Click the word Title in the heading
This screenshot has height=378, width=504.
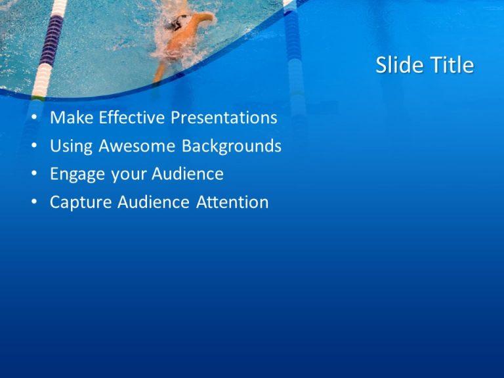pyautogui.click(x=451, y=65)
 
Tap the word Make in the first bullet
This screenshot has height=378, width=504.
pyautogui.click(x=72, y=118)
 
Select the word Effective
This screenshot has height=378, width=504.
pyautogui.click(x=132, y=118)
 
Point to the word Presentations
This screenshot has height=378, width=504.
pyautogui.click(x=224, y=118)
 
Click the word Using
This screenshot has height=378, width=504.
pyautogui.click(x=72, y=146)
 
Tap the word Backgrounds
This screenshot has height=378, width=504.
pyautogui.click(x=232, y=146)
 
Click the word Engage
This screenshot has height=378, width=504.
pyautogui.click(x=75, y=175)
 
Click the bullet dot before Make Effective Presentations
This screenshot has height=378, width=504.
pyautogui.click(x=34, y=119)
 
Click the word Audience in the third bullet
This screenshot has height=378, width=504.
pyautogui.click(x=188, y=175)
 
